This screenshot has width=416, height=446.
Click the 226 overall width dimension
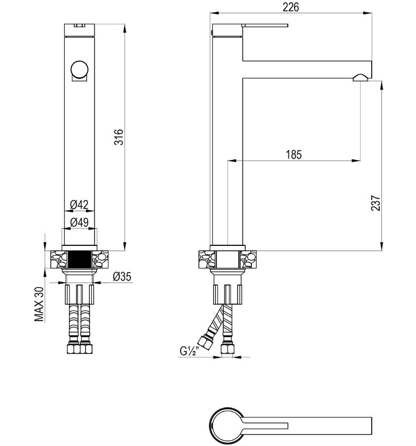[291, 7]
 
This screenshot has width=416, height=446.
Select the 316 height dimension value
[119, 137]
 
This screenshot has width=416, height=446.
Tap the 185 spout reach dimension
[294, 155]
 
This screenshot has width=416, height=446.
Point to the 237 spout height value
[376, 203]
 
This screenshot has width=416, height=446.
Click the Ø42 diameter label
[80, 204]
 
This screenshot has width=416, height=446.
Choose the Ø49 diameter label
[80, 222]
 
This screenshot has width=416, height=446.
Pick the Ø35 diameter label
[122, 276]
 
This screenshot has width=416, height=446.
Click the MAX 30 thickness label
[40, 304]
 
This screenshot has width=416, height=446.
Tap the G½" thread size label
[189, 351]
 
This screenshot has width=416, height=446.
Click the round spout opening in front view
[80, 69]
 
